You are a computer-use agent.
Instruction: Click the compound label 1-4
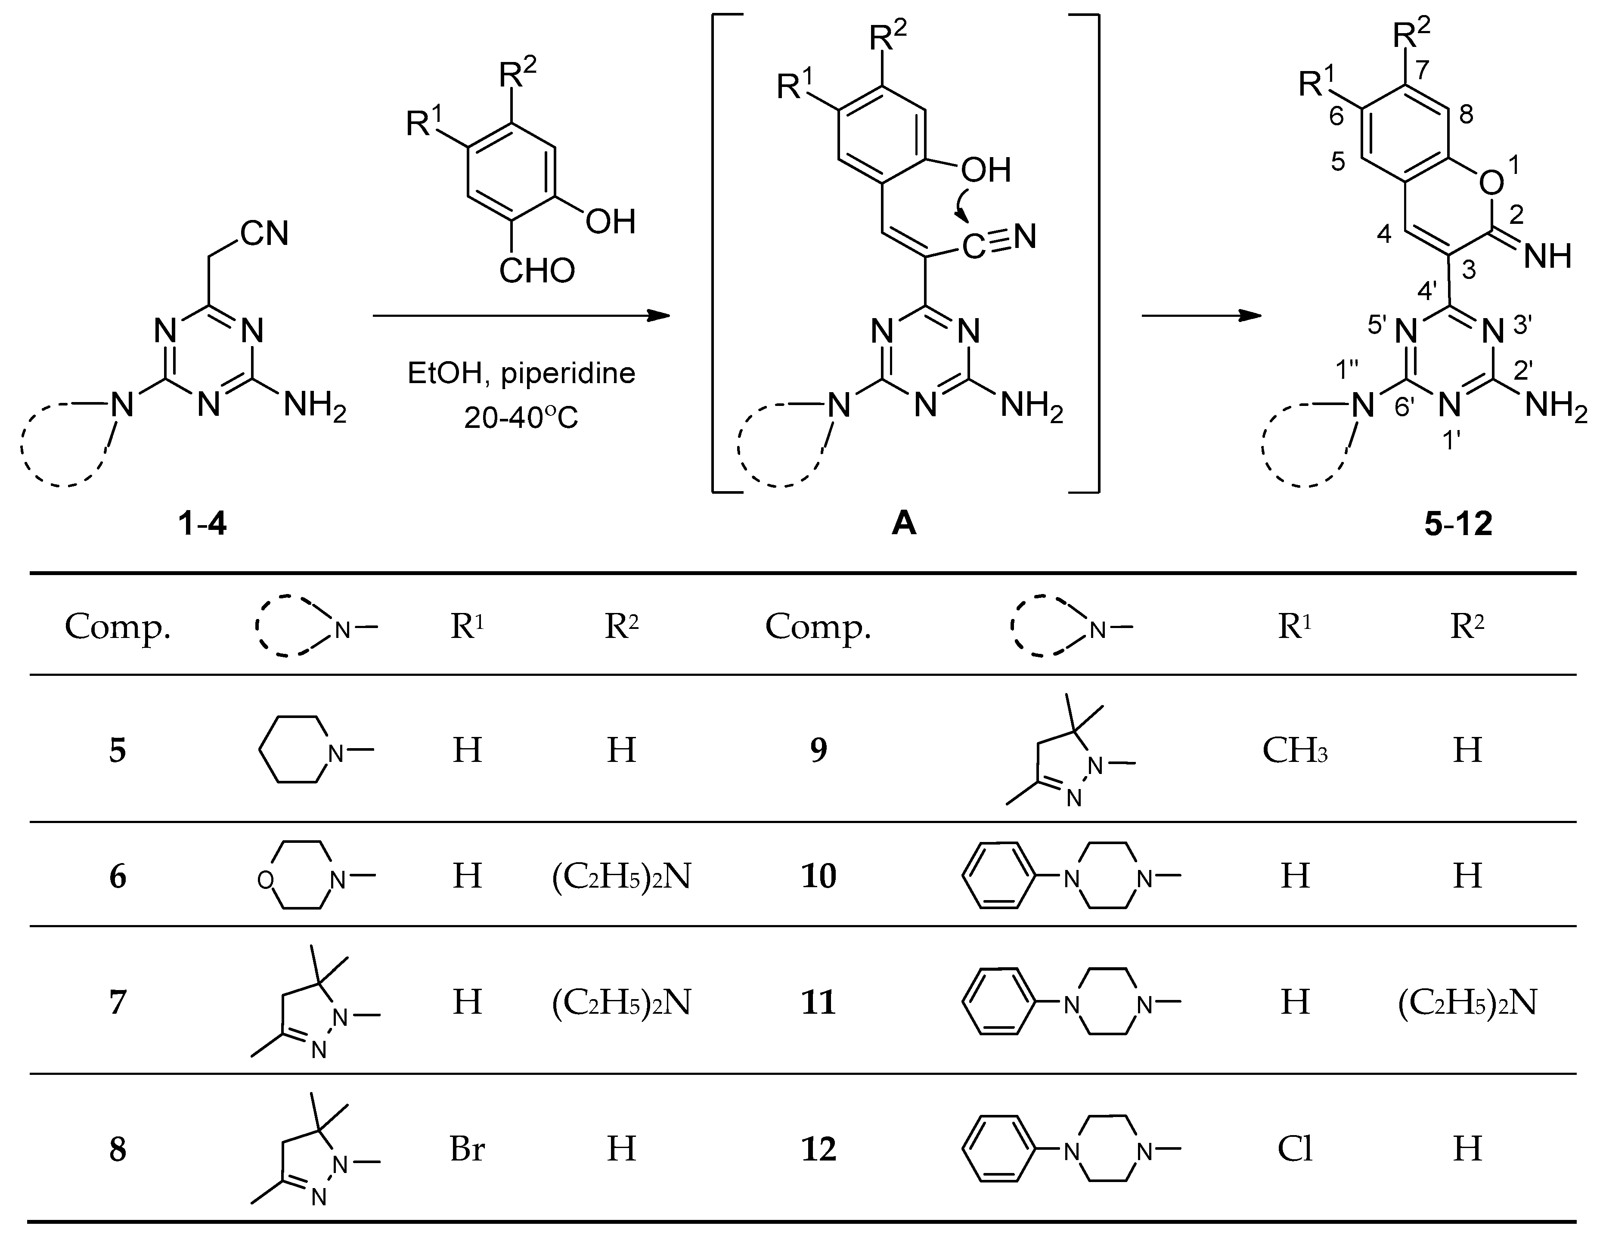[202, 523]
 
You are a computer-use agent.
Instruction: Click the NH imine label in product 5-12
[1547, 256]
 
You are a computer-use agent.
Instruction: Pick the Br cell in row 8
[467, 1148]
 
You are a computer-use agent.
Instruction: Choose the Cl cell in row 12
[1295, 1148]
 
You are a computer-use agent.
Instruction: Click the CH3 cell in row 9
[1295, 750]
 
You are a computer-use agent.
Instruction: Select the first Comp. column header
[118, 626]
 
